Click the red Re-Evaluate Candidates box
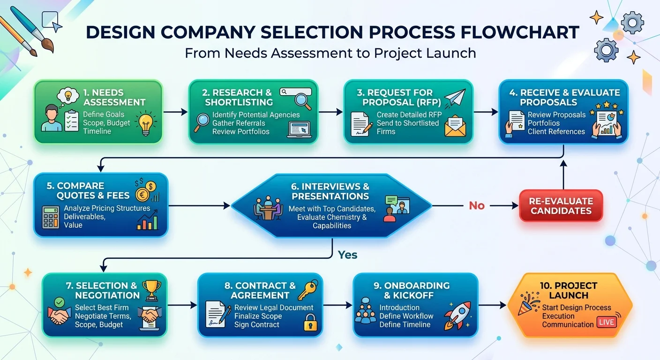(561, 206)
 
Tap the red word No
(476, 206)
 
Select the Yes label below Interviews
(347, 255)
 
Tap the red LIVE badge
(607, 322)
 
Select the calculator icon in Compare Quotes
(51, 217)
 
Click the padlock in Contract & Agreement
(309, 322)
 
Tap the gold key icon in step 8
(308, 291)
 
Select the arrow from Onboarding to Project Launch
(492, 305)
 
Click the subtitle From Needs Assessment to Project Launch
(330, 53)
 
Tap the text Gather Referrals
(239, 123)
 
